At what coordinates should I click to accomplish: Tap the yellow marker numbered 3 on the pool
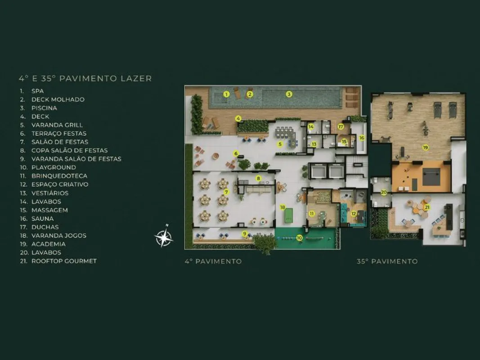click(x=289, y=94)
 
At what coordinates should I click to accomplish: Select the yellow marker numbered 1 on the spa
click(x=226, y=94)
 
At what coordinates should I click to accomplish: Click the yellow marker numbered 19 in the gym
click(x=425, y=148)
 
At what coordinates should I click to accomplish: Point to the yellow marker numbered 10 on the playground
click(x=300, y=238)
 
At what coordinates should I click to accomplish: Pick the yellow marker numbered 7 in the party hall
click(x=227, y=192)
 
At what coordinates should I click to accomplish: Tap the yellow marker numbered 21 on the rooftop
click(x=427, y=207)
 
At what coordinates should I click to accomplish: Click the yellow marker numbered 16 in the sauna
click(x=362, y=138)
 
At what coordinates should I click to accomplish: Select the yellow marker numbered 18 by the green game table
click(x=283, y=207)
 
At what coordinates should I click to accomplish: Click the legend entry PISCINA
click(x=44, y=108)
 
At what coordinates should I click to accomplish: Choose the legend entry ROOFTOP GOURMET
click(x=64, y=261)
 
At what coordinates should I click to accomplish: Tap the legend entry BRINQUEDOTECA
click(x=59, y=176)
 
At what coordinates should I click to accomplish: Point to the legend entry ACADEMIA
click(x=49, y=244)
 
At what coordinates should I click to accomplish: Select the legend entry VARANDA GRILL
click(x=57, y=125)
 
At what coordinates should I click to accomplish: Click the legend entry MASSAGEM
click(x=49, y=210)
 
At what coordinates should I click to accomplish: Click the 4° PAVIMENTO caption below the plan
click(x=213, y=261)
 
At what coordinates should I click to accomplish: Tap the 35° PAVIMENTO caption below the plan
click(x=387, y=261)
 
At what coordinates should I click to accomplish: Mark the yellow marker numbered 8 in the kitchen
click(x=259, y=178)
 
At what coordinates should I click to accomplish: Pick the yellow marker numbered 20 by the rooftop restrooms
click(x=384, y=193)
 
